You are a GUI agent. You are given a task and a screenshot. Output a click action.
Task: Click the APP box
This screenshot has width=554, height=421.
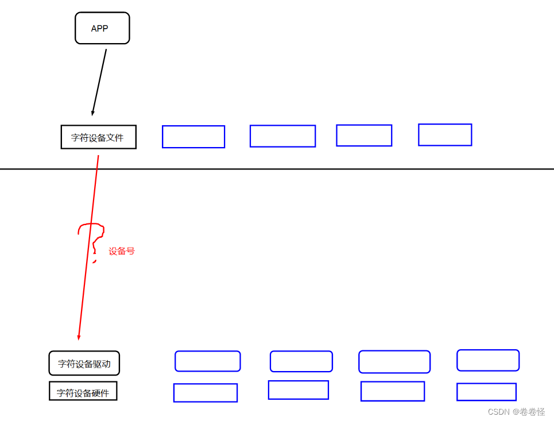click(x=102, y=28)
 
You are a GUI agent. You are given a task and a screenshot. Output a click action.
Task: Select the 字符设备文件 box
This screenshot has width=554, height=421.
click(x=98, y=137)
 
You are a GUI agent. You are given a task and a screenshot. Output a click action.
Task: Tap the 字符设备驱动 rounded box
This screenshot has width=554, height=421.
click(x=84, y=364)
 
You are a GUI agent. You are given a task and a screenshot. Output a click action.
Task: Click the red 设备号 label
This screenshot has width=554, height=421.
click(x=122, y=252)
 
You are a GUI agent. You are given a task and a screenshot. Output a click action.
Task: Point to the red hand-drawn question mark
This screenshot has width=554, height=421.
click(x=92, y=235)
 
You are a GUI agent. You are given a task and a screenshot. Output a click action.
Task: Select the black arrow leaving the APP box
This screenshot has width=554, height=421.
click(x=99, y=80)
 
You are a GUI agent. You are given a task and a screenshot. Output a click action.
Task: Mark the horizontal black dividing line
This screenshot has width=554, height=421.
click(x=344, y=169)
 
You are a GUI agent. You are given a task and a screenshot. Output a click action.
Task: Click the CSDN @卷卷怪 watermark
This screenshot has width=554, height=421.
click(x=516, y=412)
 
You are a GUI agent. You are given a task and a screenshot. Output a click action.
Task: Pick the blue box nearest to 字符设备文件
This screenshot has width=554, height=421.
click(x=193, y=137)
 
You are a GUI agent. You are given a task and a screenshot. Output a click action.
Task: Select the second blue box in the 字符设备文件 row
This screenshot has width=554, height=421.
click(x=282, y=136)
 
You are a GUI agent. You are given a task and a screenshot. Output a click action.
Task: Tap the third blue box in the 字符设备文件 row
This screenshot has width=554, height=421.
click(x=364, y=136)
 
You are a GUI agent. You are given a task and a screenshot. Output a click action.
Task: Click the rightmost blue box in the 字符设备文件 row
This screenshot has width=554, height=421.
click(x=445, y=135)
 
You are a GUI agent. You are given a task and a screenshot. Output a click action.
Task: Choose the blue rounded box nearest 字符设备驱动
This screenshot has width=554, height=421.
click(x=207, y=361)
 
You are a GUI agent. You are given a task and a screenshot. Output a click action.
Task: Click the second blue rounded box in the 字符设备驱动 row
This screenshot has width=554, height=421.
click(x=301, y=361)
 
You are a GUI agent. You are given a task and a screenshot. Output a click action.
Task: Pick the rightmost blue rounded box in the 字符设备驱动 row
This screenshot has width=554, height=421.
click(x=488, y=360)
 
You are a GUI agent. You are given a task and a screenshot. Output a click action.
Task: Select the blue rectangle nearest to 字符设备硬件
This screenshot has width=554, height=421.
click(x=206, y=393)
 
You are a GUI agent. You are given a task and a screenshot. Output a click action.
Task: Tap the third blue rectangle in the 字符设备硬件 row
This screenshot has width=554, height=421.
click(x=393, y=391)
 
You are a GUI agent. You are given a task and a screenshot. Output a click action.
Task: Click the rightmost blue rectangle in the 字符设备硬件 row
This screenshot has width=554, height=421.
click(x=486, y=392)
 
